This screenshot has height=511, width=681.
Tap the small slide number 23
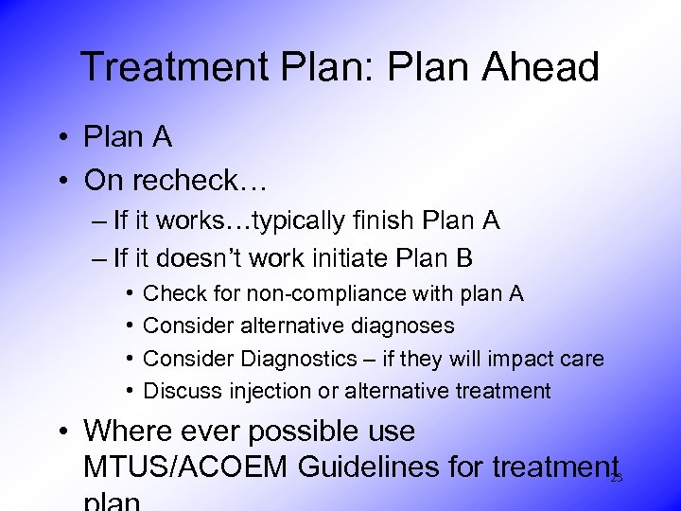(617, 480)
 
